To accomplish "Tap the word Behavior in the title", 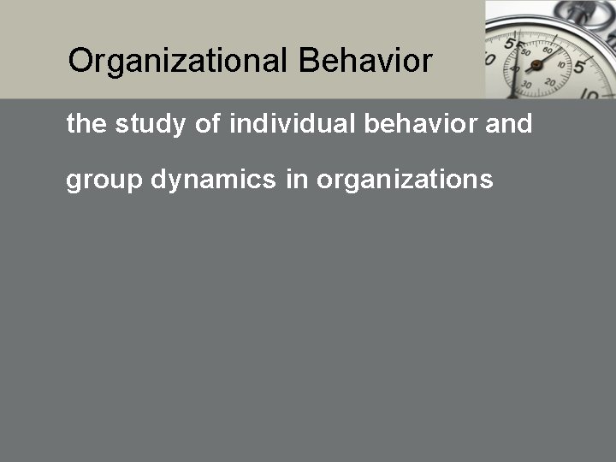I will point(366,62).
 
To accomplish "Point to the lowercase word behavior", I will point(418,125).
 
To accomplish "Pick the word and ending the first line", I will point(509,125).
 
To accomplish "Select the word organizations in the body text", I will point(405,180).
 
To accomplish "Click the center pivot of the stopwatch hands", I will point(537,68).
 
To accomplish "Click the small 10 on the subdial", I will point(561,64).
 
